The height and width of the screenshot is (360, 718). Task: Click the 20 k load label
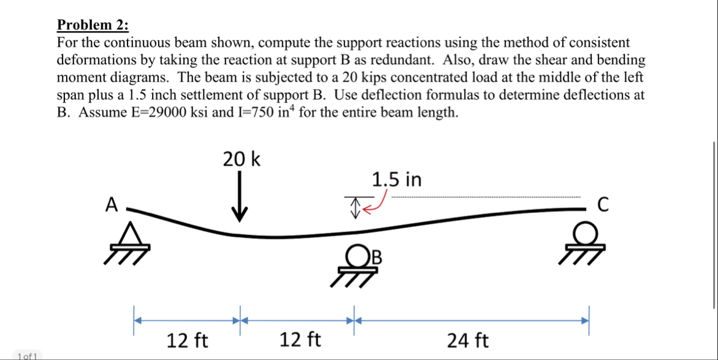241,159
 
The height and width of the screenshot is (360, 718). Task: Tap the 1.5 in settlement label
397,180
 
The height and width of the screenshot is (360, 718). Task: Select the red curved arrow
376,204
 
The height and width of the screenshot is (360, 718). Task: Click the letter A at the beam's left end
111,205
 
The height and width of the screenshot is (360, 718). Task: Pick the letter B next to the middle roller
377,257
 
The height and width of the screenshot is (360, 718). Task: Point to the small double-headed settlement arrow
354,207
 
